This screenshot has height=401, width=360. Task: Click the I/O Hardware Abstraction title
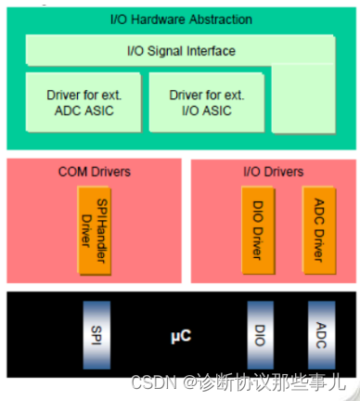(x=180, y=19)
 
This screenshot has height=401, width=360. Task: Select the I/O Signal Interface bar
(x=180, y=51)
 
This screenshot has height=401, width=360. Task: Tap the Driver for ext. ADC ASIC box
(x=83, y=103)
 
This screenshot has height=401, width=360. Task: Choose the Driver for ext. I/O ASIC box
(x=206, y=103)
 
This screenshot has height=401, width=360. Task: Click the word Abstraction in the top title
(x=219, y=19)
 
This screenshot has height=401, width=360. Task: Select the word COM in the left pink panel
(x=72, y=173)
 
